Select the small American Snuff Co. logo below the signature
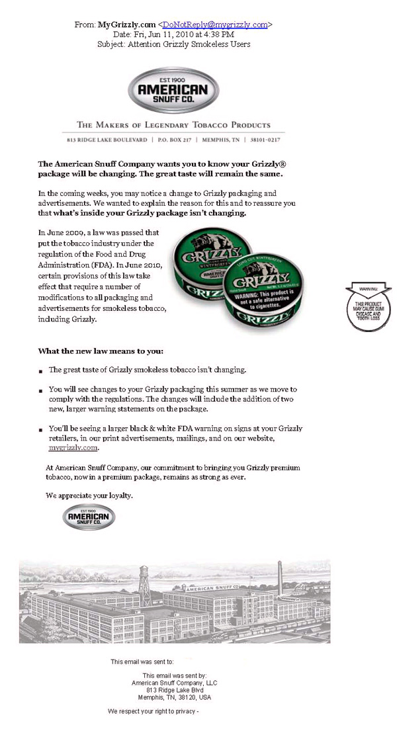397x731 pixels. point(89,517)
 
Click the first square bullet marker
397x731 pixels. point(41,371)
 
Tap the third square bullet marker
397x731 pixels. point(41,430)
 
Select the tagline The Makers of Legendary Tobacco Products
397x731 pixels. point(173,125)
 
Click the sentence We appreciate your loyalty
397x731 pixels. point(89,495)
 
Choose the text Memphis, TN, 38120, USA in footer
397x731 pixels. point(174,697)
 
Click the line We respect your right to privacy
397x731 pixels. point(153,712)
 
